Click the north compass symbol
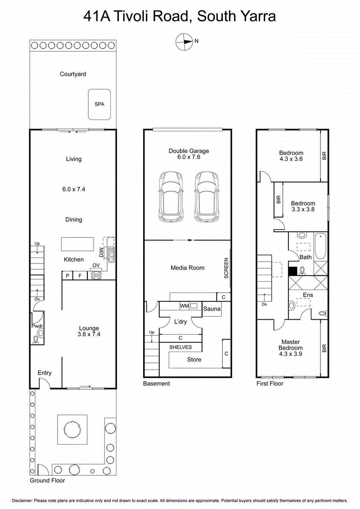(184, 41)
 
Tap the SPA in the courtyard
(99, 104)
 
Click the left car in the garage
(169, 196)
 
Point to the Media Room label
(187, 268)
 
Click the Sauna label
(211, 309)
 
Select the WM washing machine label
(184, 306)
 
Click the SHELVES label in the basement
(180, 347)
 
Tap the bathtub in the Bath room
(320, 246)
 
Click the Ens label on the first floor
(307, 295)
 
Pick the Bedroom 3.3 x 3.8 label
(302, 206)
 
